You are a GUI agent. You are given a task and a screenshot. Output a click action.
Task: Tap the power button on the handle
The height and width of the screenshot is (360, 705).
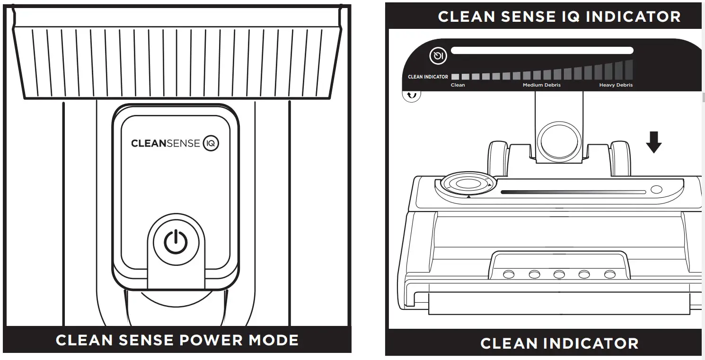tap(176, 242)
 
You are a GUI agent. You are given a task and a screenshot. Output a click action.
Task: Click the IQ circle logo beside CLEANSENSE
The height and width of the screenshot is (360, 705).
tap(211, 143)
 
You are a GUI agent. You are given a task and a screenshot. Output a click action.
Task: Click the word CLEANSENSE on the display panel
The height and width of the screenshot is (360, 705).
tap(166, 143)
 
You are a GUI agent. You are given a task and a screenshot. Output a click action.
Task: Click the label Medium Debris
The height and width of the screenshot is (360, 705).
tap(541, 85)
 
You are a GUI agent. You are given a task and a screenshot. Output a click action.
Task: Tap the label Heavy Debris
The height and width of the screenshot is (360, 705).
tap(616, 85)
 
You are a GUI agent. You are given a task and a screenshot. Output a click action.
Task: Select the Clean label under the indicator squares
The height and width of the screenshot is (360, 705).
tap(458, 85)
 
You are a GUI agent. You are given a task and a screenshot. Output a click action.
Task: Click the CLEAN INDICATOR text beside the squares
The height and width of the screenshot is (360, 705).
tap(428, 77)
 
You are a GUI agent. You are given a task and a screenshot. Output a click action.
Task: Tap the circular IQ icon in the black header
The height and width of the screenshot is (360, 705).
tap(438, 57)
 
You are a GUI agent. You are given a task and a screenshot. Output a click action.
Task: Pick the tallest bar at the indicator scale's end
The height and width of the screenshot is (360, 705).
tap(629, 70)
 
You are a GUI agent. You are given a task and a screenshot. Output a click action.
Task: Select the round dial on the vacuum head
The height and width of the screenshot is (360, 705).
tap(467, 184)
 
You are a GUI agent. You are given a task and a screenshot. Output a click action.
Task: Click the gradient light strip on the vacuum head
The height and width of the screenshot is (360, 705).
tap(573, 192)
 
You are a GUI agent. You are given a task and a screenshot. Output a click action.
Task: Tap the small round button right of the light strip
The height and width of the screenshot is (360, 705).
tap(656, 190)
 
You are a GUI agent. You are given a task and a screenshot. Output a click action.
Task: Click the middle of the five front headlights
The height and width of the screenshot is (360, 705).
tap(559, 274)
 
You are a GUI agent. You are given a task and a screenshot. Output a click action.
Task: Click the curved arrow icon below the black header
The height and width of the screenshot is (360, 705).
tap(412, 96)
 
